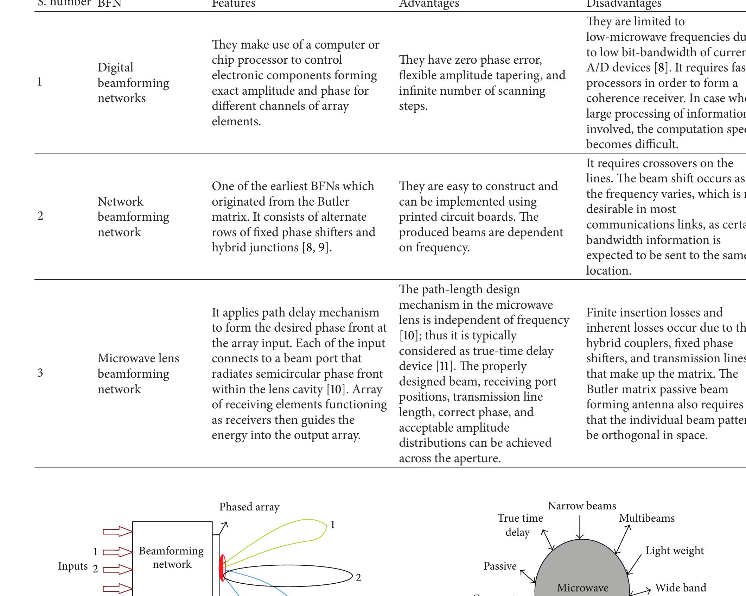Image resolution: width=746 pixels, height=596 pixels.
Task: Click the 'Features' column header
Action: [x=234, y=4]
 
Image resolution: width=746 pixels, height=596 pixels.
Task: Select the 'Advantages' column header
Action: [x=429, y=4]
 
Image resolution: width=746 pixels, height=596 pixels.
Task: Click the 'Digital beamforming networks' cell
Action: [x=133, y=83]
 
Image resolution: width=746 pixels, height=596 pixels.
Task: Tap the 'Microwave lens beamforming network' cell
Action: [x=138, y=374]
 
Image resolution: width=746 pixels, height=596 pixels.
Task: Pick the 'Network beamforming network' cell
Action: [x=133, y=217]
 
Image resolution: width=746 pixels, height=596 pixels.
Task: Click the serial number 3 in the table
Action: [x=40, y=373]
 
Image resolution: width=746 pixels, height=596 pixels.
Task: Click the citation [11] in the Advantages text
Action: [x=444, y=366]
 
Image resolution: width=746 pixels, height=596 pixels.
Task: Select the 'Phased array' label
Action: [x=249, y=507]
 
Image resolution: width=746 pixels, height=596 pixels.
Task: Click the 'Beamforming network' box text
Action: [x=171, y=558]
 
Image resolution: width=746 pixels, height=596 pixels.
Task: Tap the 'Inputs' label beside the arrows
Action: [x=72, y=566]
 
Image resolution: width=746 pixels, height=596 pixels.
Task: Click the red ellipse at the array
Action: [x=222, y=567]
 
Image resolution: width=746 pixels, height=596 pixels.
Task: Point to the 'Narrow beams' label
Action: [x=582, y=506]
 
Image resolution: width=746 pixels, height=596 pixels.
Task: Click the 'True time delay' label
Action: [x=519, y=525]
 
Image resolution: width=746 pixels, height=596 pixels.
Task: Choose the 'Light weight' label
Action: [x=674, y=551]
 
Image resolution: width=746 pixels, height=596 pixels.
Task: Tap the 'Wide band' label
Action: [x=680, y=588]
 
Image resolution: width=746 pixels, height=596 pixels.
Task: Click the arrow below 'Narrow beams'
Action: [x=580, y=527]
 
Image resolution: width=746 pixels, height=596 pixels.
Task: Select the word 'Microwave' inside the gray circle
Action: [x=582, y=588]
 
